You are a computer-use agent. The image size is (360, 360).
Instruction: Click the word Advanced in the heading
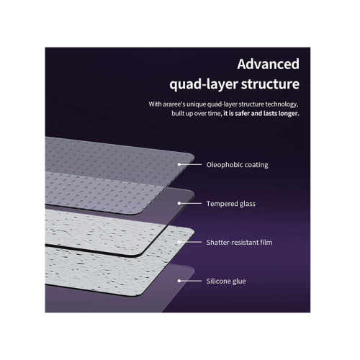(x=268, y=64)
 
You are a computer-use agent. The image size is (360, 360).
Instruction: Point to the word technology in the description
(x=282, y=104)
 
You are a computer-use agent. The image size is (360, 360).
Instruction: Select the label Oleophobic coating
(x=237, y=165)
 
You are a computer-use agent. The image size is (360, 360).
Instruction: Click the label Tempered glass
(x=231, y=204)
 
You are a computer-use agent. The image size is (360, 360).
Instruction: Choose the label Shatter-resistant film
(x=239, y=243)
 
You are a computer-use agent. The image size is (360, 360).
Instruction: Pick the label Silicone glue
(x=226, y=282)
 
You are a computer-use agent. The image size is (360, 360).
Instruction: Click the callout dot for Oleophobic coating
(x=179, y=164)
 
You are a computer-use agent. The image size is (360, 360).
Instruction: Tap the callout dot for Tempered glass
(x=179, y=203)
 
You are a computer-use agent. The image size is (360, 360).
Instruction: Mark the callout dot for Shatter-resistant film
(x=179, y=242)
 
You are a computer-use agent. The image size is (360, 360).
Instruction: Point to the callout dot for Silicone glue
(x=179, y=281)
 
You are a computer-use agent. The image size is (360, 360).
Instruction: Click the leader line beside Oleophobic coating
(x=191, y=164)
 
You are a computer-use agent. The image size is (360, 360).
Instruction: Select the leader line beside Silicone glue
(x=191, y=281)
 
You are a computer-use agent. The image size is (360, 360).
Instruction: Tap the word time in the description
(x=215, y=114)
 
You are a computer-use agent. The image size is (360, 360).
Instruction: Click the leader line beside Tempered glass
(x=191, y=203)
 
